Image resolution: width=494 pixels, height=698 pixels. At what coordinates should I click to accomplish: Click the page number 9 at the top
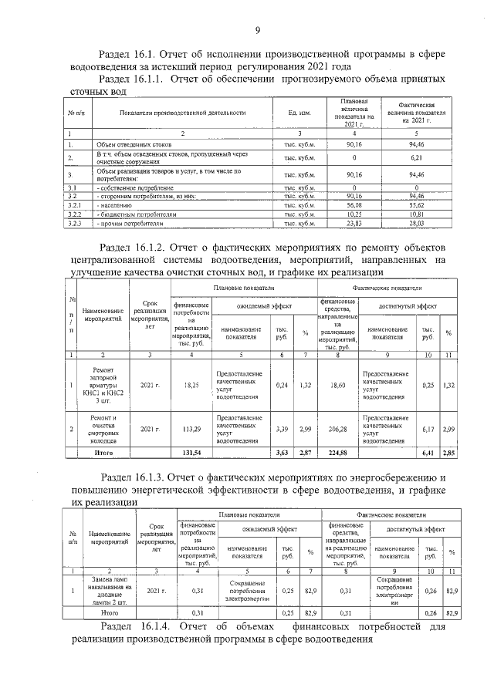tap(257, 30)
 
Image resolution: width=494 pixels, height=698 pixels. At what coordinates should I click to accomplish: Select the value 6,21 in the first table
tap(415, 157)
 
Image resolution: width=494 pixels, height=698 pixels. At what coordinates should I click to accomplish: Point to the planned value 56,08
tap(354, 206)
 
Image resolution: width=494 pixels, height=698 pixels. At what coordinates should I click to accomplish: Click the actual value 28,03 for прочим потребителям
tap(415, 224)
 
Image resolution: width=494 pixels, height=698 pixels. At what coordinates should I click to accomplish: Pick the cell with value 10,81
tap(415, 215)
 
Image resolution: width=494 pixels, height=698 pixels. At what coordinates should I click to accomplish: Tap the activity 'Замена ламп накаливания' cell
tap(110, 590)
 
